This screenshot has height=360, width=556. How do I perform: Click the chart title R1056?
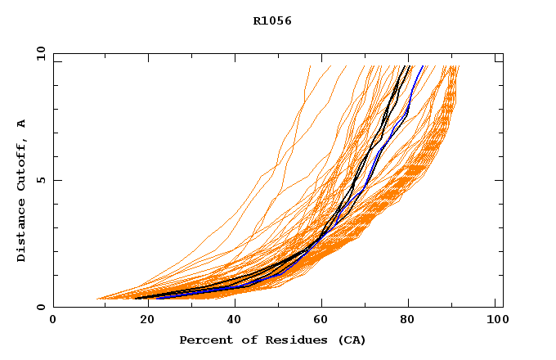tap(272, 21)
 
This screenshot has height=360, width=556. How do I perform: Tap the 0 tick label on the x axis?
tap(53, 320)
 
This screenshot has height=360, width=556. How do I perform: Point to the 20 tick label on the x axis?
tap(141, 320)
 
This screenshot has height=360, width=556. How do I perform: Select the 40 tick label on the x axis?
tap(231, 320)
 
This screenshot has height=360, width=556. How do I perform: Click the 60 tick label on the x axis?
tap(319, 320)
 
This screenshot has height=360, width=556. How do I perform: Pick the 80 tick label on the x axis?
tap(407, 320)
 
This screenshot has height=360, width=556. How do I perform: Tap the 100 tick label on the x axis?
tap(495, 320)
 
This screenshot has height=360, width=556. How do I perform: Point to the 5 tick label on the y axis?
tap(40, 180)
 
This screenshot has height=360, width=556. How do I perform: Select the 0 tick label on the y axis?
tap(40, 307)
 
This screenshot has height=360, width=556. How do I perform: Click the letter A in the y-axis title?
tap(21, 124)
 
